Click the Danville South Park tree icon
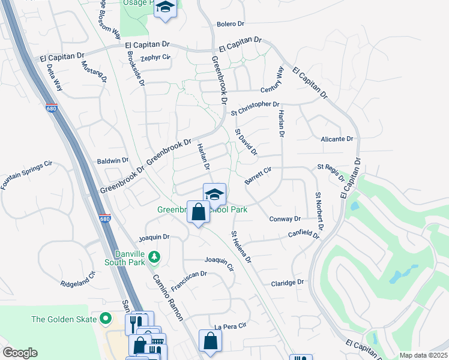[154, 257]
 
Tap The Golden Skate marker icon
[107, 319]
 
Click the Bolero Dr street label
[231, 24]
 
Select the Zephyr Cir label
[155, 58]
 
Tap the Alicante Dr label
[337, 139]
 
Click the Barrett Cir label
[258, 175]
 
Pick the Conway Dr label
[285, 219]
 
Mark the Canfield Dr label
[304, 235]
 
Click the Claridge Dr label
[288, 283]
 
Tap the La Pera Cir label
[231, 326]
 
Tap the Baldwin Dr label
[113, 161]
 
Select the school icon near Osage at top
[165, 8]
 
